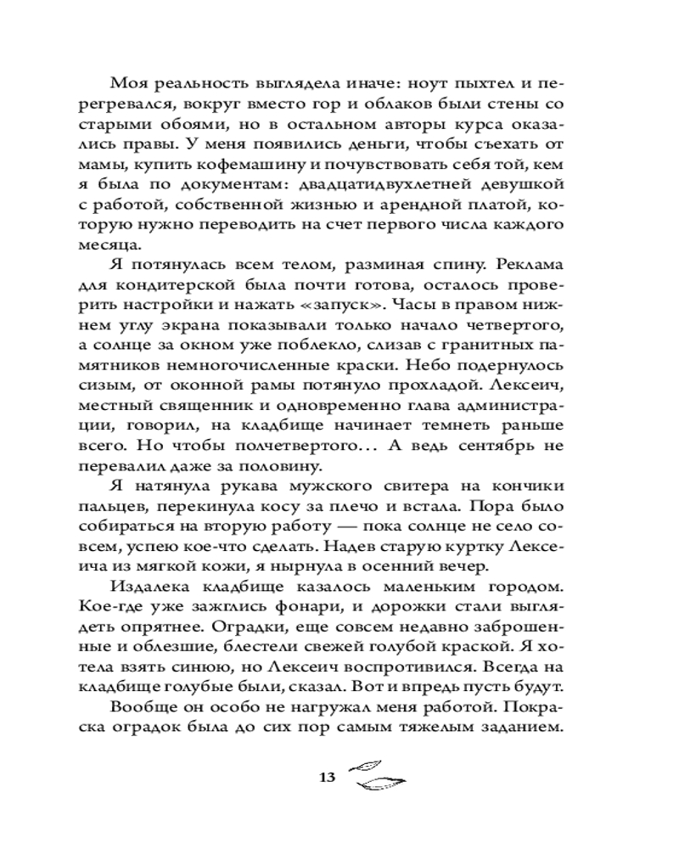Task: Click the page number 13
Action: (326, 778)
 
